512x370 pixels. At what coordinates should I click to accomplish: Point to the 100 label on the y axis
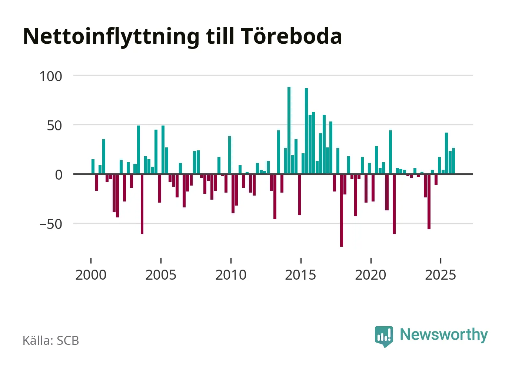51,76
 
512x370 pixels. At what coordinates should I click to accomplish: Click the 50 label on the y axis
54,126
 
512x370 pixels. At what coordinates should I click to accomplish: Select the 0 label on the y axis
59,175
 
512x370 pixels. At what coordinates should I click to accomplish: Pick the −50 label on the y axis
51,224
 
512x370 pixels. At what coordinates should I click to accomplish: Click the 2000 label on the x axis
91,275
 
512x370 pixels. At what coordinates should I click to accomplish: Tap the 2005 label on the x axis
161,275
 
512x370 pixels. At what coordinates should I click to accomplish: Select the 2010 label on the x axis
231,275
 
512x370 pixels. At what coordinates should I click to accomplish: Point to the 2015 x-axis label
300,275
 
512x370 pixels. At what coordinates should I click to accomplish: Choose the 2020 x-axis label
370,275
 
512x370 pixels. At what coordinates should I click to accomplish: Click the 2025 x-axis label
440,275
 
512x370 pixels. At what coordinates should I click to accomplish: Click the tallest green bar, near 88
289,130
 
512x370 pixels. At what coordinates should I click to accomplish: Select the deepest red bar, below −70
342,210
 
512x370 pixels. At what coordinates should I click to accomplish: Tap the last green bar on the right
453,161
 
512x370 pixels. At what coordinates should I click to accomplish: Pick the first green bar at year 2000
93,167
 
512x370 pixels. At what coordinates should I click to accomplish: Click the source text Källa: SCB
51,341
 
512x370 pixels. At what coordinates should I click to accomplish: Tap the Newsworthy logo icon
383,336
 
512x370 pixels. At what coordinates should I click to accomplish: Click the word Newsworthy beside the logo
443,335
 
